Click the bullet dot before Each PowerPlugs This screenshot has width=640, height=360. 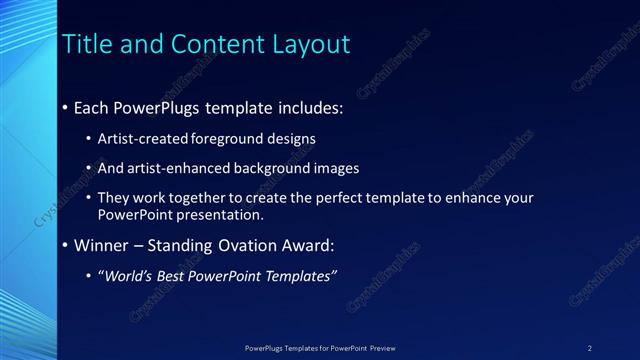[x=66, y=107]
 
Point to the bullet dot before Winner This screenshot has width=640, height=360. [x=66, y=245]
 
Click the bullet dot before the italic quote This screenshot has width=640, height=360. [x=91, y=276]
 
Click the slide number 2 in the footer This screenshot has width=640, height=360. [x=590, y=347]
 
